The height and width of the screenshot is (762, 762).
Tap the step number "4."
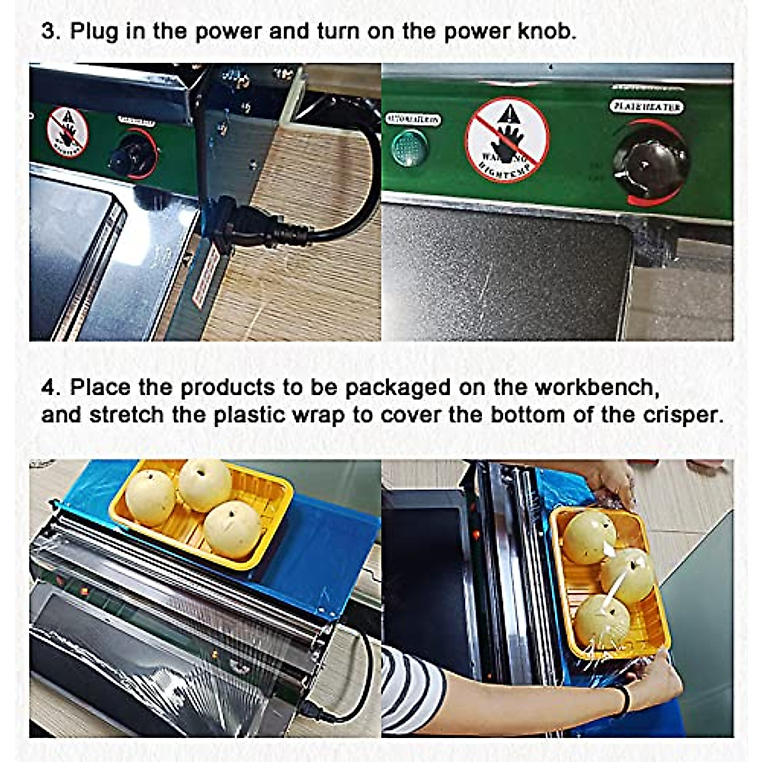(x=51, y=387)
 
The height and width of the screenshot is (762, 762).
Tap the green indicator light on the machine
(x=409, y=148)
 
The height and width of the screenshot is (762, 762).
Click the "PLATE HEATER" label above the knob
(x=646, y=107)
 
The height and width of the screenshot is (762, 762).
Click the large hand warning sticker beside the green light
(x=507, y=140)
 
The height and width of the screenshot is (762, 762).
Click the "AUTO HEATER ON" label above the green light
(x=413, y=119)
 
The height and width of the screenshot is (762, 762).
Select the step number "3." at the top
(x=51, y=31)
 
